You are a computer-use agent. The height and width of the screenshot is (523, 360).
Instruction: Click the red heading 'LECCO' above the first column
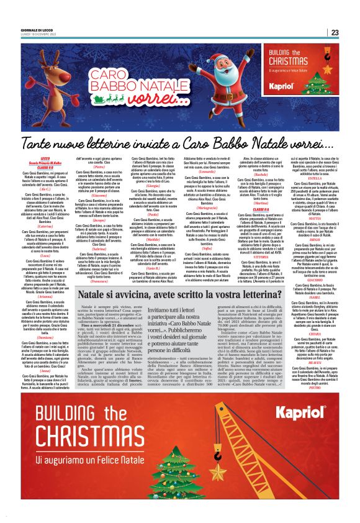point(45,159)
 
